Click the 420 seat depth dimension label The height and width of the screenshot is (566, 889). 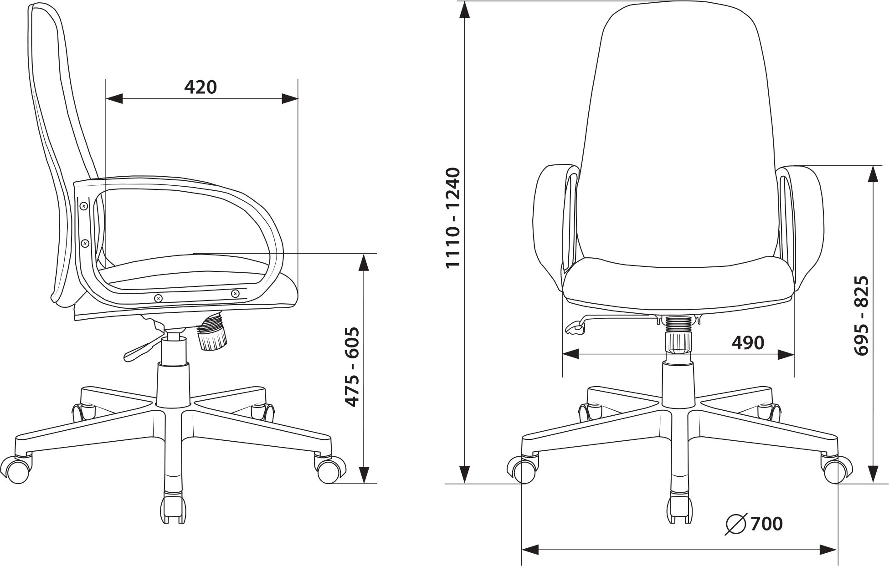tap(200, 87)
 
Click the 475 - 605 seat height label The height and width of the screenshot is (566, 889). tap(352, 367)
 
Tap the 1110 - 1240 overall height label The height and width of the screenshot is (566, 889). tap(453, 218)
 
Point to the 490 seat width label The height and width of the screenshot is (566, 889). tap(748, 342)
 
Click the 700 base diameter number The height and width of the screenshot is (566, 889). tap(766, 524)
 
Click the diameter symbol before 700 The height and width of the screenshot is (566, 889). tap(736, 524)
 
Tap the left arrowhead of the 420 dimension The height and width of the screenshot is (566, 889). tap(114, 98)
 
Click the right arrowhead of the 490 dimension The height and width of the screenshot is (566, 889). tap(786, 354)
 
